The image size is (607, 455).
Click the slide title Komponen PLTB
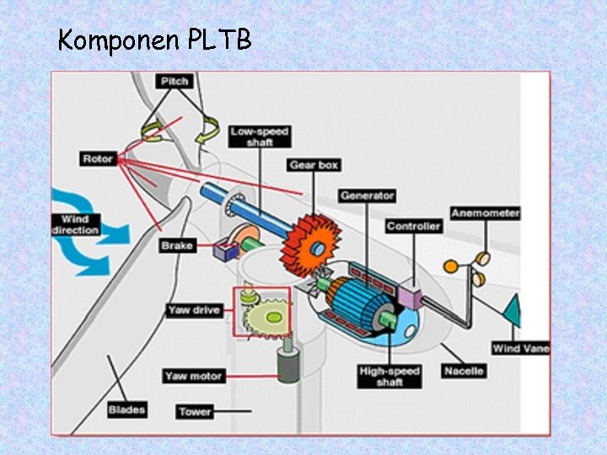pyautogui.click(x=154, y=40)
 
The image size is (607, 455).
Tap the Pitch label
pyautogui.click(x=175, y=81)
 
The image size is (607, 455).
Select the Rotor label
pyautogui.click(x=99, y=158)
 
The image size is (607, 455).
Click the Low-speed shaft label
pyautogui.click(x=260, y=136)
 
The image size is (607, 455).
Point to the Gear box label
pyautogui.click(x=314, y=165)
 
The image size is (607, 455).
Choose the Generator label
pyautogui.click(x=367, y=195)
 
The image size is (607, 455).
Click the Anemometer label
pyautogui.click(x=485, y=213)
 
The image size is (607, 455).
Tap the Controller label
pyautogui.click(x=413, y=226)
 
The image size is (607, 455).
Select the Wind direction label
pyautogui.click(x=75, y=225)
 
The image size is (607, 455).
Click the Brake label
pyautogui.click(x=178, y=246)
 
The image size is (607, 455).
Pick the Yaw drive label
pyautogui.click(x=193, y=310)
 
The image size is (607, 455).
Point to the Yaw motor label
pyautogui.click(x=194, y=376)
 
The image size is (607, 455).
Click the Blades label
pyautogui.click(x=126, y=410)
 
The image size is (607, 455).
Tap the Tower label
pyautogui.click(x=195, y=412)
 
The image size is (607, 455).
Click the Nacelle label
pyautogui.click(x=463, y=371)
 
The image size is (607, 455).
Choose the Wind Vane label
pyautogui.click(x=520, y=348)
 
